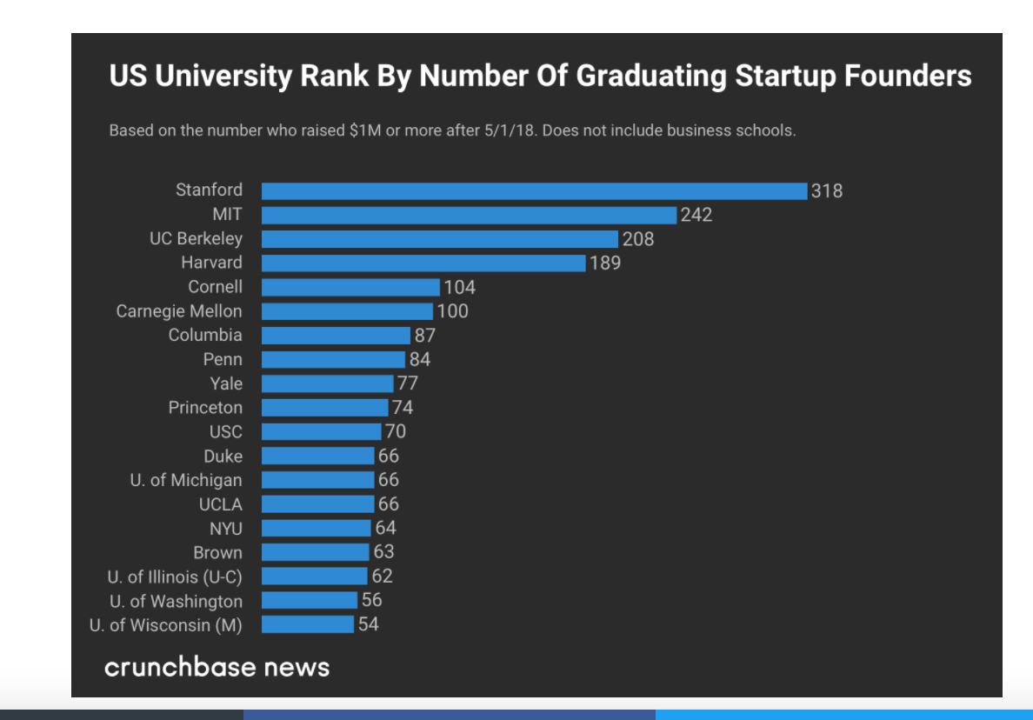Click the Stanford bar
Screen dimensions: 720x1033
534,190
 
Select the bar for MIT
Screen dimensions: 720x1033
469,215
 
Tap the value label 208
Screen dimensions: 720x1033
638,239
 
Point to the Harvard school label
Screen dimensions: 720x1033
211,263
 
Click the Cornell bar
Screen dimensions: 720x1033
350,287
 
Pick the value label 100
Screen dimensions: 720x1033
452,311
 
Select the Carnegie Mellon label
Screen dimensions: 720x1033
179,311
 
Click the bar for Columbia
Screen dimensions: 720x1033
336,336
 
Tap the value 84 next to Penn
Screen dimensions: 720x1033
420,360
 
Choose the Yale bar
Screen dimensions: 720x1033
327,383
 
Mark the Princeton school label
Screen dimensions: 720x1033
205,408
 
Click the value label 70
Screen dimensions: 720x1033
396,432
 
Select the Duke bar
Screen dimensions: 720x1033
317,456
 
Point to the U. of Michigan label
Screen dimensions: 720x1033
186,480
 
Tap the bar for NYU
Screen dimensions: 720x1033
316,528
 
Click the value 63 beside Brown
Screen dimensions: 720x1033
383,552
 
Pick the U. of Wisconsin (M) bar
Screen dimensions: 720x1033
308,624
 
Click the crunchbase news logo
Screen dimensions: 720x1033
217,667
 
